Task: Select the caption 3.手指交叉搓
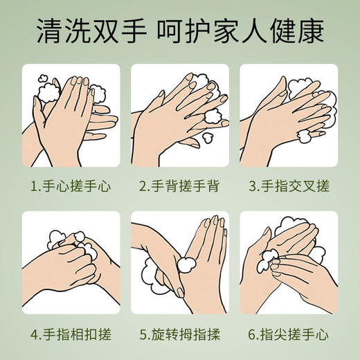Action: pos(288,186)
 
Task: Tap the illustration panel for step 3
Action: pos(288,115)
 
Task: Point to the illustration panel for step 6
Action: pos(288,260)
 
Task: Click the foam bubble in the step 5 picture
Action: pos(187,264)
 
